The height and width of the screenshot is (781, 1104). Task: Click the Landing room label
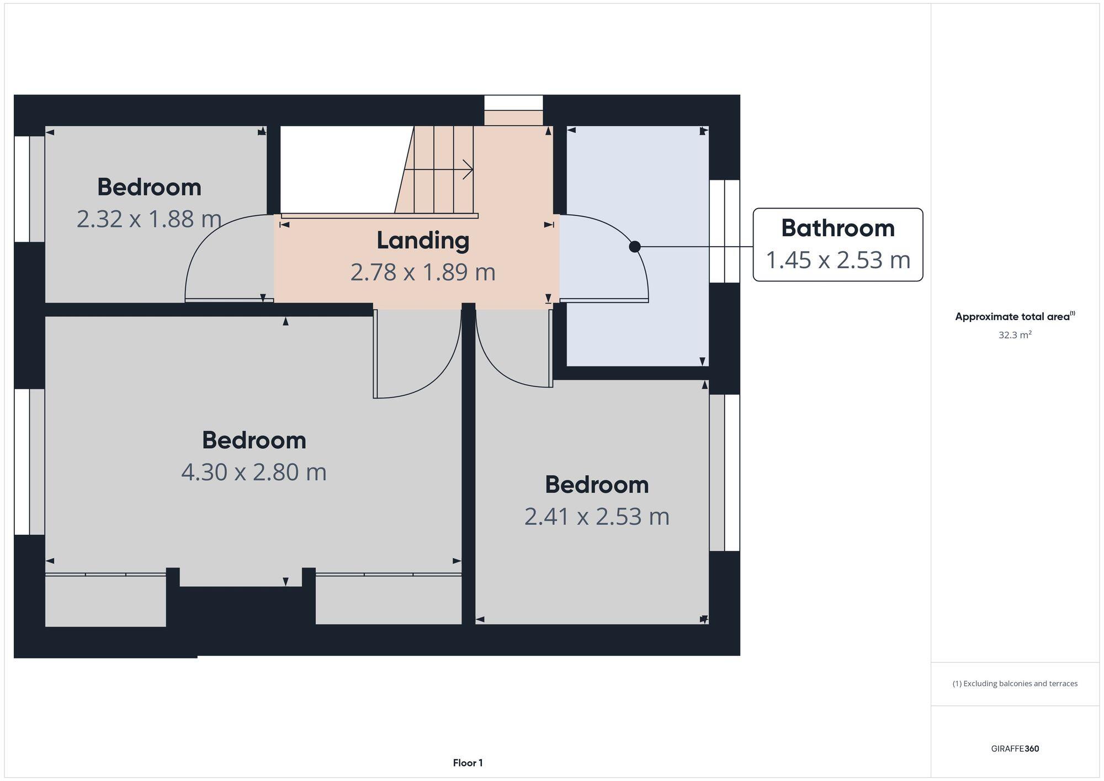pos(423,241)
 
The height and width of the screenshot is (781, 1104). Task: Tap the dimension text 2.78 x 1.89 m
pos(423,272)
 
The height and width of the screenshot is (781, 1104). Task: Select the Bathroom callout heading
pos(837,228)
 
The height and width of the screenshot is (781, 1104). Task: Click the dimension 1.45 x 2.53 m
pos(837,260)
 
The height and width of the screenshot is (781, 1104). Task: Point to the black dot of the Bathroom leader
pos(635,247)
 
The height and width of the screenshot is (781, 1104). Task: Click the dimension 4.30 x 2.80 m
pos(254,472)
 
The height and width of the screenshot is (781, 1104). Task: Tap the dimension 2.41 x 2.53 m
pos(597,517)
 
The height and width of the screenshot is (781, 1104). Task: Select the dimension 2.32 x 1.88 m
pos(149,219)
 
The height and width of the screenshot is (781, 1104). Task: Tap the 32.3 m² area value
pos(1015,335)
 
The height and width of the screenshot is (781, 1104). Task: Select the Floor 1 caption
pos(468,763)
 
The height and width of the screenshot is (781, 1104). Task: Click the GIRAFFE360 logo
pos(1015,748)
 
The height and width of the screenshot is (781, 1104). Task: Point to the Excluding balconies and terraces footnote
pos(1015,683)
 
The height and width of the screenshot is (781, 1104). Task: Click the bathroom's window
pos(724,231)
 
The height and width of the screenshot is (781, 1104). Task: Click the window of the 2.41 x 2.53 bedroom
pos(724,472)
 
